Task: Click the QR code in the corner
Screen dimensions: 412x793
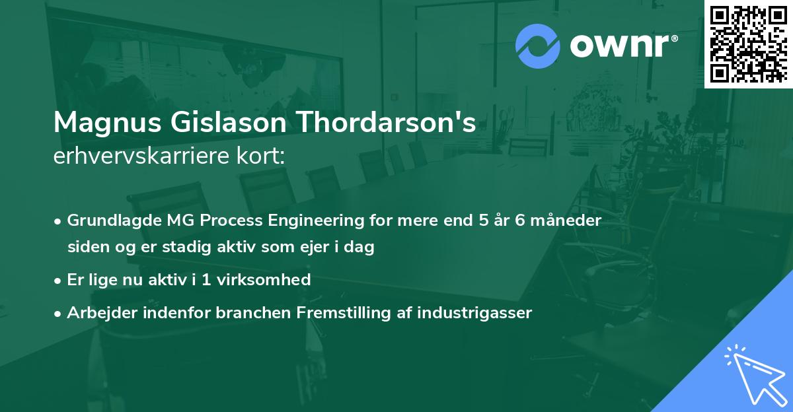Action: point(749,44)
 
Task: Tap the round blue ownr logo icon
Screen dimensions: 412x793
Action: point(538,46)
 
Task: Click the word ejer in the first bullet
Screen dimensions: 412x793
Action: point(324,248)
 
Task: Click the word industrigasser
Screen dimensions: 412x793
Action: point(473,313)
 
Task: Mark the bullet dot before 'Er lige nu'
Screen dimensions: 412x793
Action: point(59,281)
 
